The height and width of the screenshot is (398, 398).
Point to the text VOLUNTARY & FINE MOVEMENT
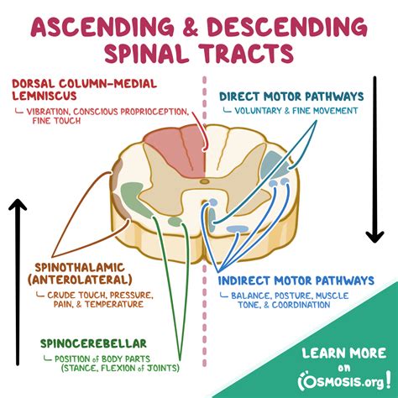[x=297, y=110]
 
